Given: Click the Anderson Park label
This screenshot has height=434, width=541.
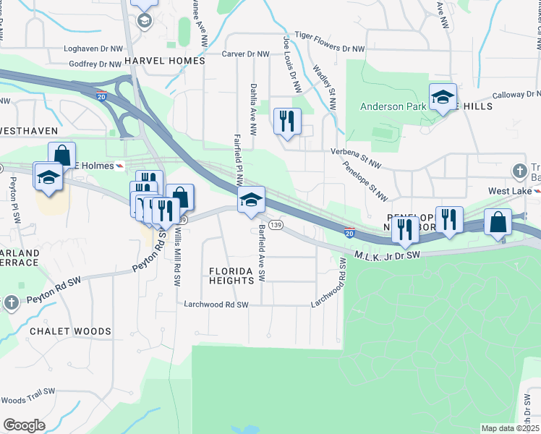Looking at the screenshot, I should (392, 106).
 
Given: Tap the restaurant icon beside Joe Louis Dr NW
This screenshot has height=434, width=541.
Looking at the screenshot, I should (287, 120).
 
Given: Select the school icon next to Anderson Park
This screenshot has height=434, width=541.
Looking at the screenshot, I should (443, 97).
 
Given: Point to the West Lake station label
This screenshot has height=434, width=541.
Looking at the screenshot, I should (506, 191).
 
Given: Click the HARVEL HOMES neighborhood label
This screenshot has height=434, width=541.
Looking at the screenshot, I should (165, 61).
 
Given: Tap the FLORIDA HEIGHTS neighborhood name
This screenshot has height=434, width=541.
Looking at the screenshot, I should (233, 276).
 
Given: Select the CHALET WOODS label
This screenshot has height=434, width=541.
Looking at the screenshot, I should (71, 331).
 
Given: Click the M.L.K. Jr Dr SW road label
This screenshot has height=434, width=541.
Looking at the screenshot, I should (388, 255).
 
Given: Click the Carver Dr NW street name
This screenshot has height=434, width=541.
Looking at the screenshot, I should (245, 54).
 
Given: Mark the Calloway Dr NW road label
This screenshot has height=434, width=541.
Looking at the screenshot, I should (516, 95).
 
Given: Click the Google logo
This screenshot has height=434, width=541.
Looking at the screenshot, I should (24, 425).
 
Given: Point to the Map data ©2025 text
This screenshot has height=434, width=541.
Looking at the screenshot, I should (510, 428).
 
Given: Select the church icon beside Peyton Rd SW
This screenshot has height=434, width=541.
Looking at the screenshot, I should (11, 302).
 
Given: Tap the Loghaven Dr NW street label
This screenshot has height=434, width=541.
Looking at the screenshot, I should (95, 49).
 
